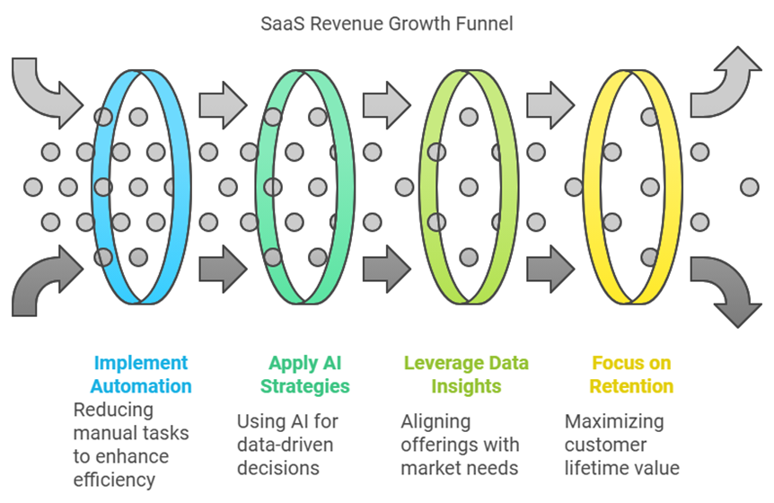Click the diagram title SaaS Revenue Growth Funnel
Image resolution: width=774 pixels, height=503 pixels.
tap(386, 23)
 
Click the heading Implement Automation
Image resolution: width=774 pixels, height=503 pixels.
tap(141, 375)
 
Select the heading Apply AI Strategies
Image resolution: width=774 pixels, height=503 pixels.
tap(305, 375)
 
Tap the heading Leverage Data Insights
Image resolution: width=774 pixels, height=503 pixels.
tap(466, 375)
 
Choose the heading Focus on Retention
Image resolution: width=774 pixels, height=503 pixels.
tap(631, 375)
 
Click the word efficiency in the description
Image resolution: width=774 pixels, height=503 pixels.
tap(114, 480)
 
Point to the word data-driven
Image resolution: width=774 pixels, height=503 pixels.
tap(285, 445)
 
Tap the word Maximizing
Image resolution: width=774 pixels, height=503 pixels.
tap(614, 422)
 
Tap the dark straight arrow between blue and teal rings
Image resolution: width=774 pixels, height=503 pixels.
tap(223, 269)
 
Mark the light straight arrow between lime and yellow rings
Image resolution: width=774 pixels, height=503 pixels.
tap(551, 106)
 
